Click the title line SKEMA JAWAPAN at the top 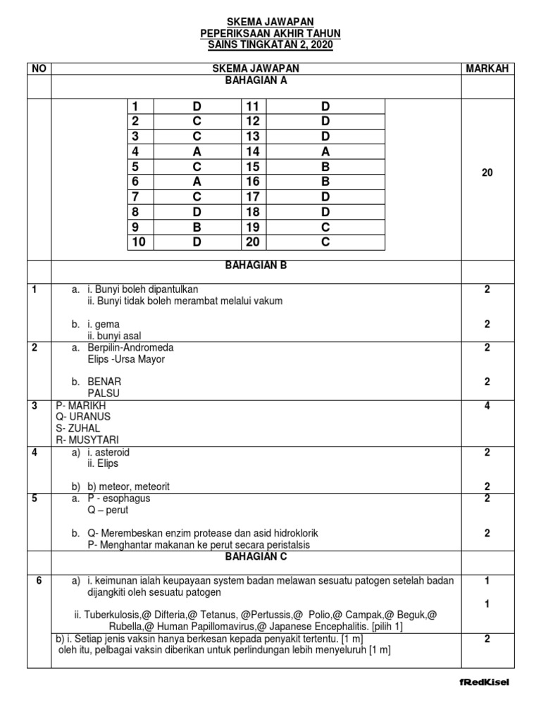[270, 23]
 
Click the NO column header [39, 68]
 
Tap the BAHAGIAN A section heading [256, 80]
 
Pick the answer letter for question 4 [197, 151]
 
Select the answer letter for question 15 [325, 167]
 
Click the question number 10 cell [138, 242]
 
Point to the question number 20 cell [253, 242]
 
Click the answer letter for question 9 [197, 227]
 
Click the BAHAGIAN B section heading [256, 265]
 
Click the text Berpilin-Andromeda [130, 348]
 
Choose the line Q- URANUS [78, 416]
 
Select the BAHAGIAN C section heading [256, 556]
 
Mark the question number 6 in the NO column [39, 581]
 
